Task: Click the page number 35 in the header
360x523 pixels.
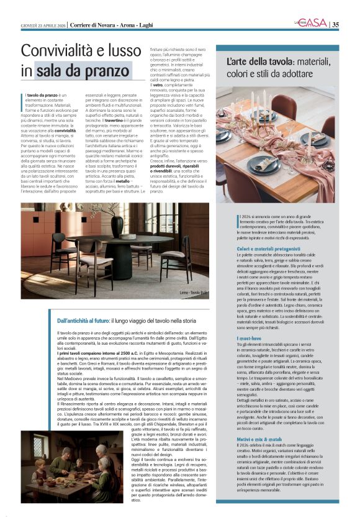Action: coord(336,24)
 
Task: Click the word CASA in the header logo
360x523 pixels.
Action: coord(315,23)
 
